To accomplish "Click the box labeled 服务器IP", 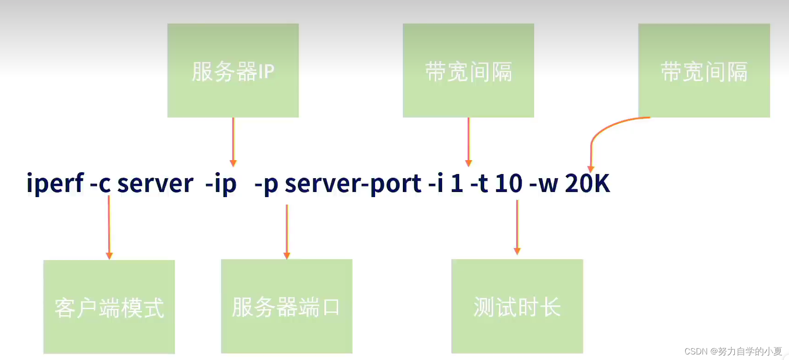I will pyautogui.click(x=233, y=70).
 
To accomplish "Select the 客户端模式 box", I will pyautogui.click(x=109, y=307).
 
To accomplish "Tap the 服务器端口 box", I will pyautogui.click(x=286, y=306).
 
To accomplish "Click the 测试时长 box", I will pyautogui.click(x=517, y=306).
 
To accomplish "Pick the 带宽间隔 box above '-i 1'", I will pyautogui.click(x=468, y=70).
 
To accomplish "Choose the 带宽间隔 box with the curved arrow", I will pyautogui.click(x=704, y=70).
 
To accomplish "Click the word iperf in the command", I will pyautogui.click(x=55, y=184).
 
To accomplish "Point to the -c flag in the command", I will pyautogui.click(x=100, y=184).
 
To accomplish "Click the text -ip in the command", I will pyautogui.click(x=221, y=184).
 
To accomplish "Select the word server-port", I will pyautogui.click(x=353, y=184).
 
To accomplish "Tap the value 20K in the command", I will pyautogui.click(x=587, y=184).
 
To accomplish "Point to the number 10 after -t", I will pyautogui.click(x=508, y=184).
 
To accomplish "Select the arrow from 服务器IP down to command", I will pyautogui.click(x=233, y=141).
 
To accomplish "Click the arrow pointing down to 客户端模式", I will pyautogui.click(x=109, y=227).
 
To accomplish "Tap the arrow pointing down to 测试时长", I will pyautogui.click(x=517, y=227).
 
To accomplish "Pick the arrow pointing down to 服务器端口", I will pyautogui.click(x=287, y=231).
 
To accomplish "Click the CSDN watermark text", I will pyautogui.click(x=733, y=351).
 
